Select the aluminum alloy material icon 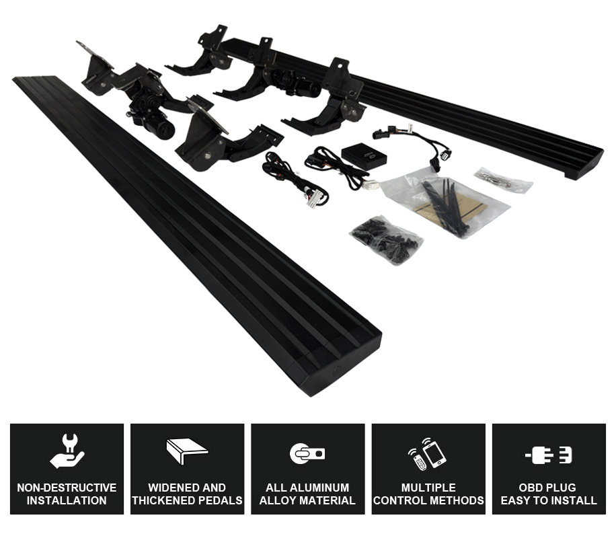[x=307, y=453]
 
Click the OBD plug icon [x=548, y=455]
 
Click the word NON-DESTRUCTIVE [x=67, y=488]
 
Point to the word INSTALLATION [x=67, y=500]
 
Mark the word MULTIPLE [x=428, y=488]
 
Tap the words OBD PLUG [x=549, y=488]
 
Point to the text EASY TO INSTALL [x=549, y=500]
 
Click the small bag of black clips [x=385, y=239]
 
